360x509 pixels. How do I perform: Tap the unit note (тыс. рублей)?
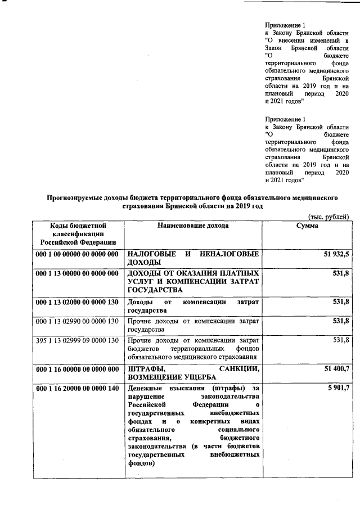[x=328, y=217]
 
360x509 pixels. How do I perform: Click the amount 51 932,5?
[x=335, y=254]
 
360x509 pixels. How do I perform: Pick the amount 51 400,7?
[x=335, y=368]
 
